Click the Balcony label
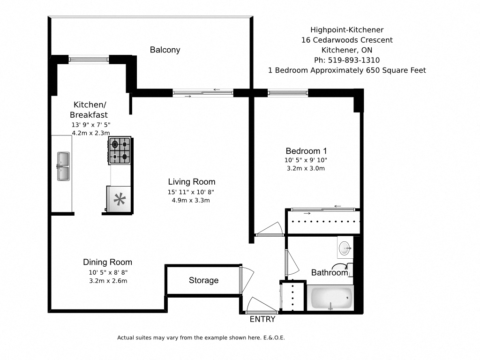[165, 50]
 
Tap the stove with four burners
[120, 150]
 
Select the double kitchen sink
[63, 166]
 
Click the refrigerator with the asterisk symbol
[120, 200]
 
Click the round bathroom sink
[345, 247]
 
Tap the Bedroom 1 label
[306, 151]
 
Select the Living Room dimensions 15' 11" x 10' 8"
[191, 192]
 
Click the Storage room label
[203, 280]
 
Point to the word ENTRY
[262, 320]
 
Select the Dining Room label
[108, 262]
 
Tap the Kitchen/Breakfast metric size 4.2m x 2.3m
[90, 133]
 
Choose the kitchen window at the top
[89, 60]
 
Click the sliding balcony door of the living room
[202, 93]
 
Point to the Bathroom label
[330, 272]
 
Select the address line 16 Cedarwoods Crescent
[347, 40]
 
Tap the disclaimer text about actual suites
[201, 337]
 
